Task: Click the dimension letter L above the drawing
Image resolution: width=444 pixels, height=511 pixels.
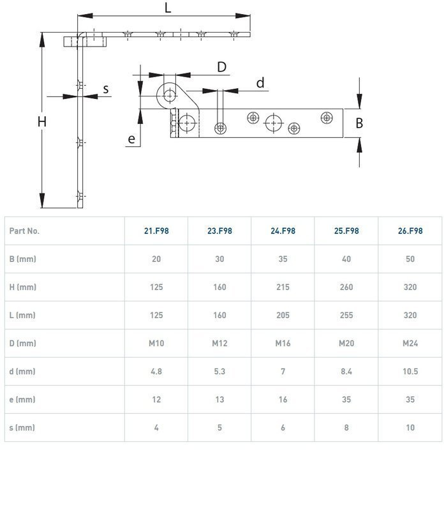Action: coord(168,8)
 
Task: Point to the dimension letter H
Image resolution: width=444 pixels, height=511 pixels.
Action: coord(42,122)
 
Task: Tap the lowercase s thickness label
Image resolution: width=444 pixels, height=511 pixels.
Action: coord(106,89)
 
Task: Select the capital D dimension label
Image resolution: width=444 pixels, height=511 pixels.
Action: coord(221,67)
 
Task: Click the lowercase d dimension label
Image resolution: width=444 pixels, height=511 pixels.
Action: coord(260,83)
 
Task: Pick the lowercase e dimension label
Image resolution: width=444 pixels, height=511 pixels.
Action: coord(131,139)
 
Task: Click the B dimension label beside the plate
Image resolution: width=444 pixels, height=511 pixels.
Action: coord(359,123)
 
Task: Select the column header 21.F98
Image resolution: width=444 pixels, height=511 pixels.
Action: coord(156,231)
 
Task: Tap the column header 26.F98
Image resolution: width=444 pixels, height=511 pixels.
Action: coord(410,231)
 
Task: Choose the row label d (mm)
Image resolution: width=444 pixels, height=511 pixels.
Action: coord(22,372)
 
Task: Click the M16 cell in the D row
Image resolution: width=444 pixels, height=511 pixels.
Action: coord(283,344)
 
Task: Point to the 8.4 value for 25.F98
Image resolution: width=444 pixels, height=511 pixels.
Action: coord(346,372)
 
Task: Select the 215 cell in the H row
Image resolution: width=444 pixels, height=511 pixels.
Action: coord(283,287)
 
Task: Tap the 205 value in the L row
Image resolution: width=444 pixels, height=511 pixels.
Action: coord(283,315)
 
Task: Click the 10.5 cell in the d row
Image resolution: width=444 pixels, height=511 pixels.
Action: coord(410,372)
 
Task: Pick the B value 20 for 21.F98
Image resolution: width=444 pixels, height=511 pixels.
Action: coord(156,259)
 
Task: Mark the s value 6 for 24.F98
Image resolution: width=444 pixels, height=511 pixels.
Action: coord(283,427)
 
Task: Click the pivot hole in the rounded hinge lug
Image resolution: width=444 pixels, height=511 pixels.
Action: coord(169,96)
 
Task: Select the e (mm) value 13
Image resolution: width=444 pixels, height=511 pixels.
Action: coord(219,400)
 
